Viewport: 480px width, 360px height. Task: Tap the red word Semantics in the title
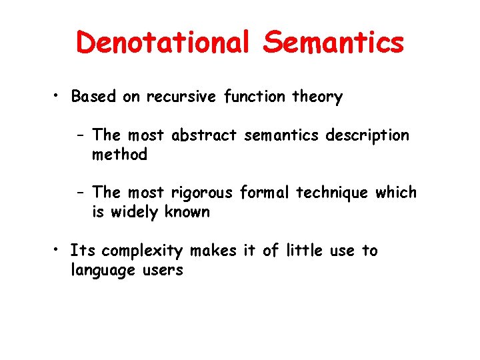333,43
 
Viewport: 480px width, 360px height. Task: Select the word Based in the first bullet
94,97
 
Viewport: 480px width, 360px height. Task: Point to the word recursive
177,97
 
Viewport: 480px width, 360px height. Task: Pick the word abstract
204,135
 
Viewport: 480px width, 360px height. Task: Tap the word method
119,155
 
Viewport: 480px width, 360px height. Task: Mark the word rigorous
202,193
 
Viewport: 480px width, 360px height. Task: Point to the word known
188,212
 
